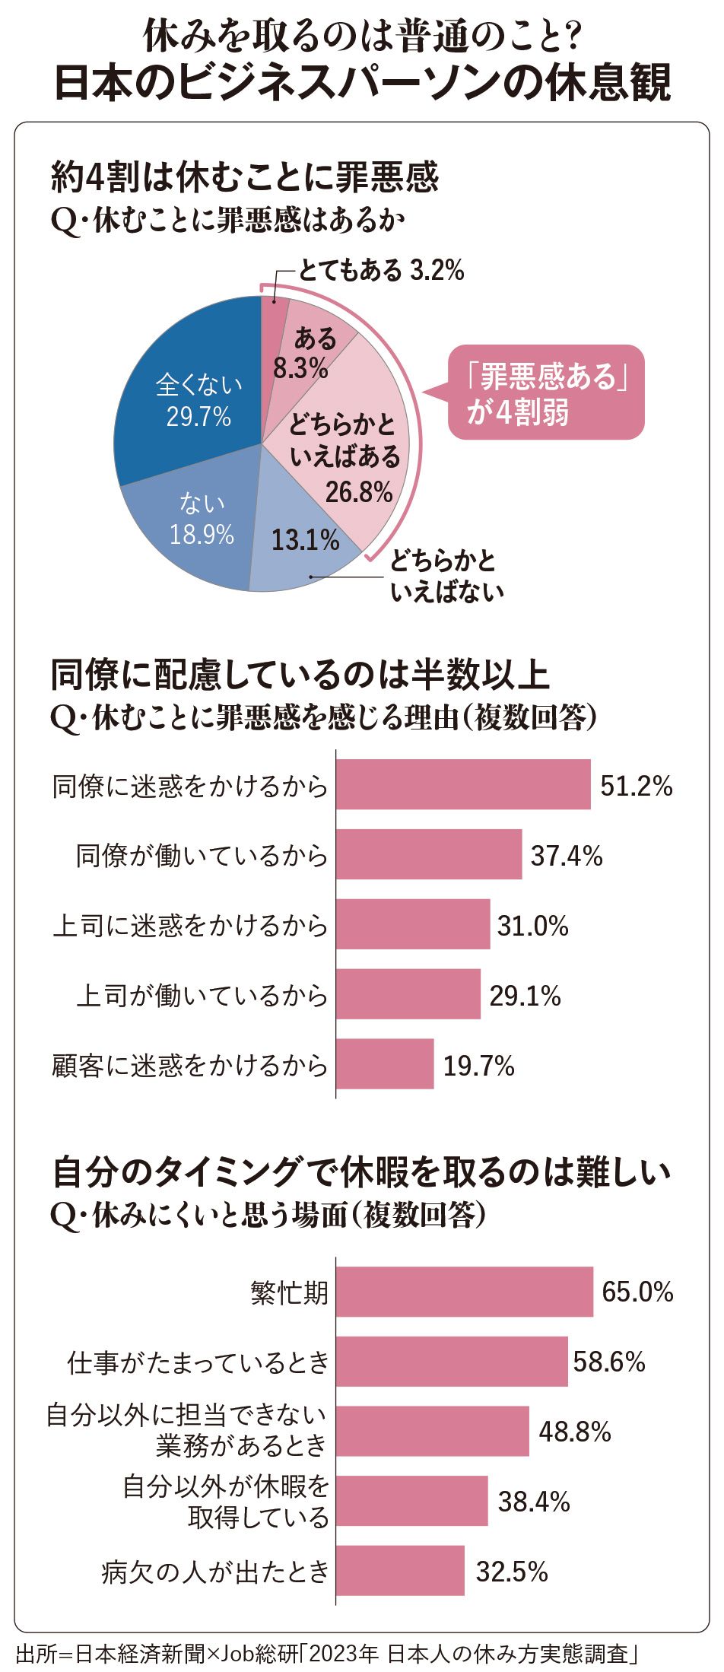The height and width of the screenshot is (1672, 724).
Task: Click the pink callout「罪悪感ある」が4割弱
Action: coord(545,393)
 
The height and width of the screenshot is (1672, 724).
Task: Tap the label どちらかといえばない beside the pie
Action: coord(446,576)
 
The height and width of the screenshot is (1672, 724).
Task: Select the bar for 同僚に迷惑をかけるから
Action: coord(462,784)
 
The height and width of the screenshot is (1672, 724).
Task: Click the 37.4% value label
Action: coord(566,856)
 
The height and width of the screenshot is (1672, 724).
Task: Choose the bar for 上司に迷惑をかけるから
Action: coord(413,924)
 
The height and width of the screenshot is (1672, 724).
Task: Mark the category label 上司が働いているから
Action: coord(202,995)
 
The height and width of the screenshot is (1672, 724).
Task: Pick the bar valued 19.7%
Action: coord(385,1063)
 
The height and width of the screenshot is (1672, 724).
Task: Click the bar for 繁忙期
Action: coord(464,1292)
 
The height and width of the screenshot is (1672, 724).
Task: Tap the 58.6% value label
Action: coord(608,1361)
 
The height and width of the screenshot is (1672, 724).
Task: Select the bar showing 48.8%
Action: coord(432,1431)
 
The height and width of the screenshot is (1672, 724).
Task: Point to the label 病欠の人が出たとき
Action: coord(215,1572)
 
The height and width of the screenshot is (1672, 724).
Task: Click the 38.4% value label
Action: coord(533,1501)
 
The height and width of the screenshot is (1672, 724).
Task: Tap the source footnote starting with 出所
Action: coord(327,1655)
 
